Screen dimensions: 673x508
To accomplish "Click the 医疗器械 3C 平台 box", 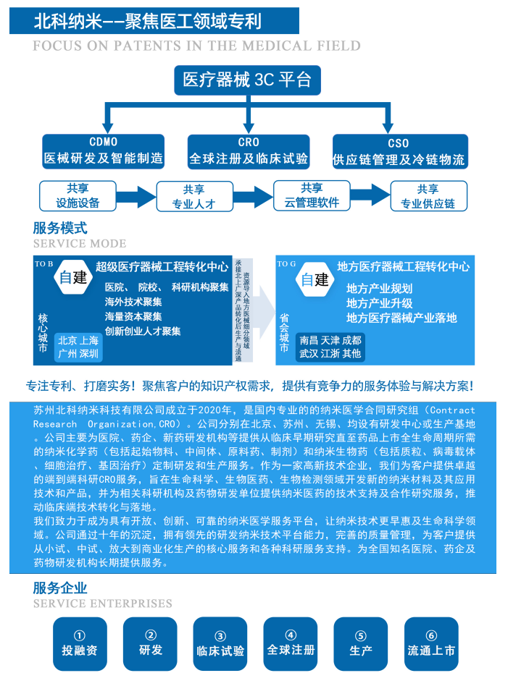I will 246,80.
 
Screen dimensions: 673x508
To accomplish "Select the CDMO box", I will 103,151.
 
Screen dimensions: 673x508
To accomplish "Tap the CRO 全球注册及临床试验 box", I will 249,151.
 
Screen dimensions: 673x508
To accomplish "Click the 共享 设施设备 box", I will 78,195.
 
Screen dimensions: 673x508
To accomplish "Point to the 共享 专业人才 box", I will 193,196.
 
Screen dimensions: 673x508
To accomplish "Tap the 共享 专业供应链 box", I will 428,196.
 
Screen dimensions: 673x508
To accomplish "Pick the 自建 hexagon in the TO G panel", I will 315,279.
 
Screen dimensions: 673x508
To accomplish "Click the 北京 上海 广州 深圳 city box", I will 78,347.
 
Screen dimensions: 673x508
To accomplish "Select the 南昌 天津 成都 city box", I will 330,347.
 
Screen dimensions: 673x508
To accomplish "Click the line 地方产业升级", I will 379,303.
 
